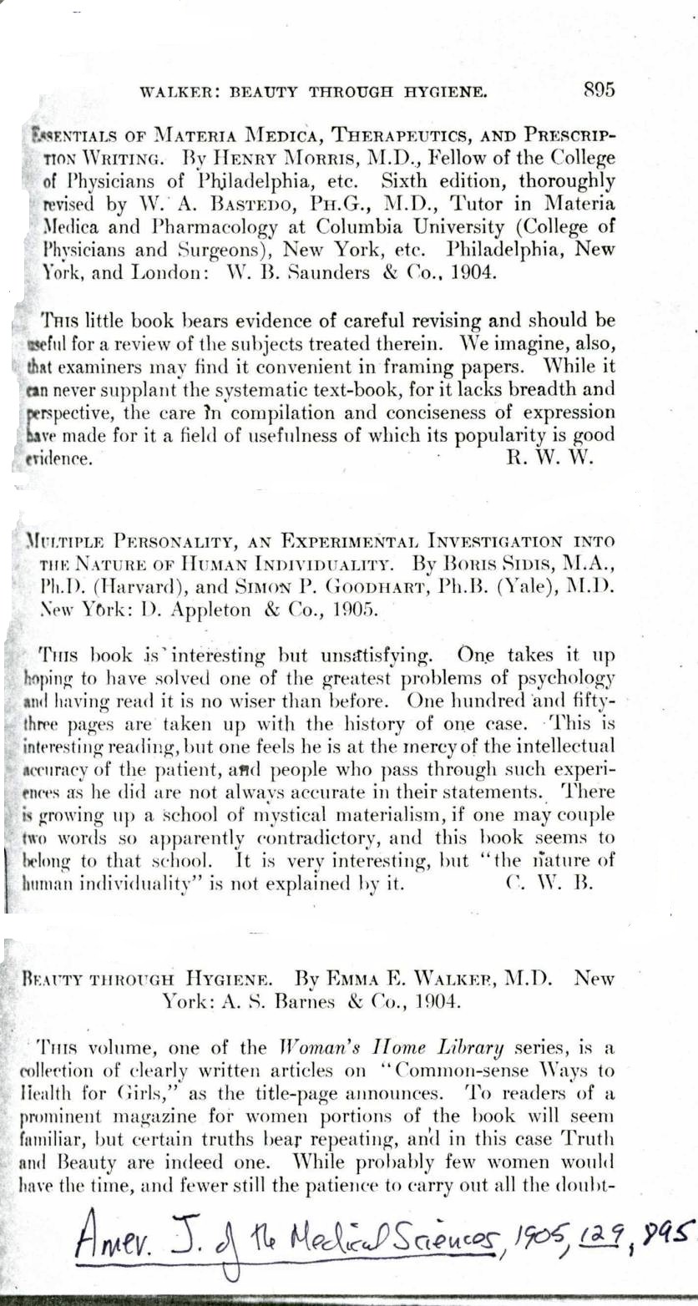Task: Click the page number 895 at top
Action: [x=599, y=89]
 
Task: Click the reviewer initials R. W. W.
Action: [x=549, y=458]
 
